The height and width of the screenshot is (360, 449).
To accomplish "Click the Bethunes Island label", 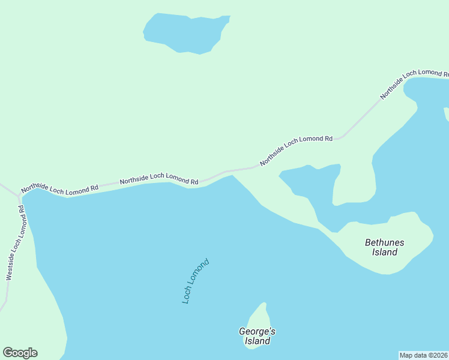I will point(384,247).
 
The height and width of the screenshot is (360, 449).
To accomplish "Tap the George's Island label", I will point(257,336).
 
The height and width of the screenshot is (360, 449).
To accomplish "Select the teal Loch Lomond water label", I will point(196,281).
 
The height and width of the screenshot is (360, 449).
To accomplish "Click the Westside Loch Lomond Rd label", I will point(15,243).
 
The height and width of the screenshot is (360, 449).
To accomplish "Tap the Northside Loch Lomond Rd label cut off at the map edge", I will point(414,83).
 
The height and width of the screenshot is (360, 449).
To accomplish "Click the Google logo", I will point(20,353).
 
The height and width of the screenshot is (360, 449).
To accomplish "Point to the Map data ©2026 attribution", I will point(423,355).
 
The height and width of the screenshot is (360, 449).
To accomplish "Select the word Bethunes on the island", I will point(384,242).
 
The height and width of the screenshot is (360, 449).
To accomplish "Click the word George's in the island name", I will point(257,331).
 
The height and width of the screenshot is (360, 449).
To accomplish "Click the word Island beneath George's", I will point(257,341).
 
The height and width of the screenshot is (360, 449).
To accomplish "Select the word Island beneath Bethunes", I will point(384,253).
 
